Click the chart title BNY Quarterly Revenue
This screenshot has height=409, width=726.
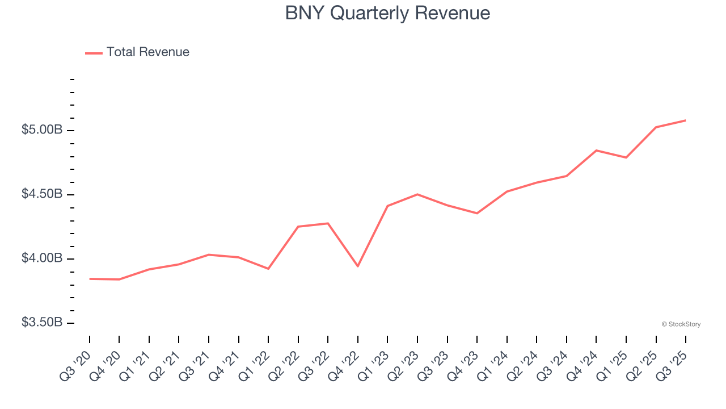point(387,12)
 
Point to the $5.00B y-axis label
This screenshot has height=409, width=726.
point(42,130)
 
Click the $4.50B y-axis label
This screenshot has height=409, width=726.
point(42,194)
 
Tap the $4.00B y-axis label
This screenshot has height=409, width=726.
point(42,258)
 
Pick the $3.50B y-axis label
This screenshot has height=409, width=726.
point(42,323)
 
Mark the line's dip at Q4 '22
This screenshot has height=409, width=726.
point(358,266)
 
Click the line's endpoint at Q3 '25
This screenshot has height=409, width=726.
point(686,120)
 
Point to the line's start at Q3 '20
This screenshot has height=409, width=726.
point(90,279)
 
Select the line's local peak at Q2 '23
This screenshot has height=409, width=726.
point(417,194)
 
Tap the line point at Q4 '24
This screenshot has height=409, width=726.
point(596,151)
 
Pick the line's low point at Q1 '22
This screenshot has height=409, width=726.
point(268,269)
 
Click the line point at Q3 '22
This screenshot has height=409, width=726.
point(328,223)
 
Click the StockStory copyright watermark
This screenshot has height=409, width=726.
point(681,324)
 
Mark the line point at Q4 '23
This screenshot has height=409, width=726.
point(477,214)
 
